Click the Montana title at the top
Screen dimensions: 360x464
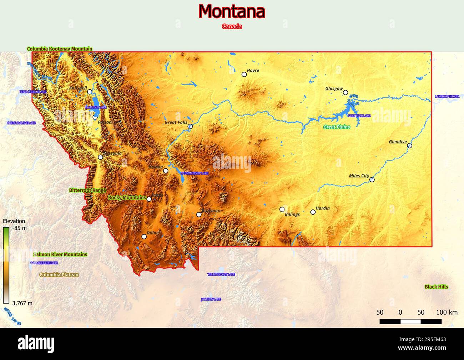click(232, 11)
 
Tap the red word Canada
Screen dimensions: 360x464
click(232, 26)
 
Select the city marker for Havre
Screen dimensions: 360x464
click(244, 74)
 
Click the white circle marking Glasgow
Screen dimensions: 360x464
click(346, 92)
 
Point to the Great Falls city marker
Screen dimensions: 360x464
click(190, 126)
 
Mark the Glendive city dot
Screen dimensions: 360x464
click(409, 146)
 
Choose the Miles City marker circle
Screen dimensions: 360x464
click(372, 180)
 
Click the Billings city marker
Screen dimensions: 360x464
click(282, 209)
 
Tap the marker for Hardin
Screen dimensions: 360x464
click(313, 212)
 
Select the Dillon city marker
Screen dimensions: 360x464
click(144, 236)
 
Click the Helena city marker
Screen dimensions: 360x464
click(166, 171)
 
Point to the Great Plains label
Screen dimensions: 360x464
click(337, 127)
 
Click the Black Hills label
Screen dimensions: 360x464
click(436, 287)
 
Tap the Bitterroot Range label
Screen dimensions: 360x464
click(87, 191)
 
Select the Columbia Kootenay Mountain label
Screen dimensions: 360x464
click(60, 49)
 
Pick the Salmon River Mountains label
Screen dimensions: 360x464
click(60, 255)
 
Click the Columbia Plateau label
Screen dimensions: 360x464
click(59, 275)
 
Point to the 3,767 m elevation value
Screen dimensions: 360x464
click(22, 303)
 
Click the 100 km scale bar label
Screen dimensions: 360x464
click(447, 313)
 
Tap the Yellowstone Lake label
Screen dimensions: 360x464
click(221, 274)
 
